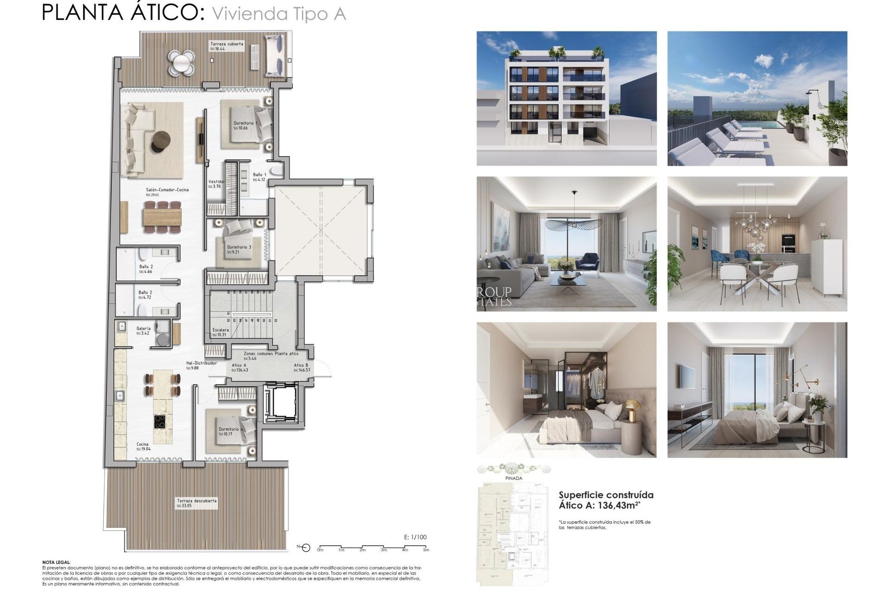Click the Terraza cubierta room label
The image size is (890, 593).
coord(226,46)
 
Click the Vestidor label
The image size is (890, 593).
coord(216,183)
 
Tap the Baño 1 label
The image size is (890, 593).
coord(259,177)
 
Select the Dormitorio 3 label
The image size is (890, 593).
coord(239,249)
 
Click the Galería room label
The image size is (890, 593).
coord(143,330)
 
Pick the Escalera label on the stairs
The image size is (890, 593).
coord(220,332)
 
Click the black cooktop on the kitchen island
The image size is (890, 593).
coord(160,422)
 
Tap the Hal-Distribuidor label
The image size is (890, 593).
coord(201,365)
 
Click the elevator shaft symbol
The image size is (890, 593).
coord(280,403)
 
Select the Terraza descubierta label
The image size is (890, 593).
coord(196,503)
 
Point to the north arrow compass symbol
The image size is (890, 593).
coord(305,548)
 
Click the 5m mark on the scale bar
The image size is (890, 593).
coord(426,549)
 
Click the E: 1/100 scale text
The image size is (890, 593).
coord(415,537)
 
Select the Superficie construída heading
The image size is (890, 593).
coord(606,495)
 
